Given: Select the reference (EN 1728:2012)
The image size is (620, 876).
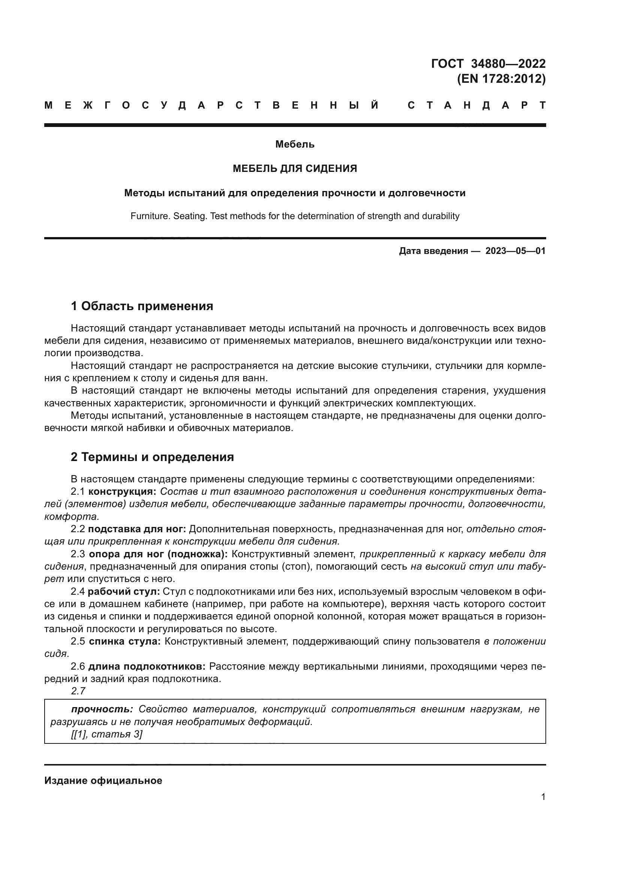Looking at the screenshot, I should (501, 79).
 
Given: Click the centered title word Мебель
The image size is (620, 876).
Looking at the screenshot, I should (295, 144).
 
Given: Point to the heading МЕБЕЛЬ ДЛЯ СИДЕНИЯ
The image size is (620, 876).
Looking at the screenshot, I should (295, 169).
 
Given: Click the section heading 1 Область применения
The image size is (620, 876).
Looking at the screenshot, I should (142, 306).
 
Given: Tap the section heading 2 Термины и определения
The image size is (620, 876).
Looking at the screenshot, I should (152, 457).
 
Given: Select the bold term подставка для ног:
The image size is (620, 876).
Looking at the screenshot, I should (137, 529).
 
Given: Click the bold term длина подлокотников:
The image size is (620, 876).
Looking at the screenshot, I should (147, 667).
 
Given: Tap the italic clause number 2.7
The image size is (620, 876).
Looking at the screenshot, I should (78, 691).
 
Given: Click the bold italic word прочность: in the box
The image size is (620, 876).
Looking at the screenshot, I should (102, 709).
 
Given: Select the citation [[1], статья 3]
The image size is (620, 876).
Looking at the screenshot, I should (106, 734).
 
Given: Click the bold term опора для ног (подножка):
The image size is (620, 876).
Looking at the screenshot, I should (158, 554).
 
